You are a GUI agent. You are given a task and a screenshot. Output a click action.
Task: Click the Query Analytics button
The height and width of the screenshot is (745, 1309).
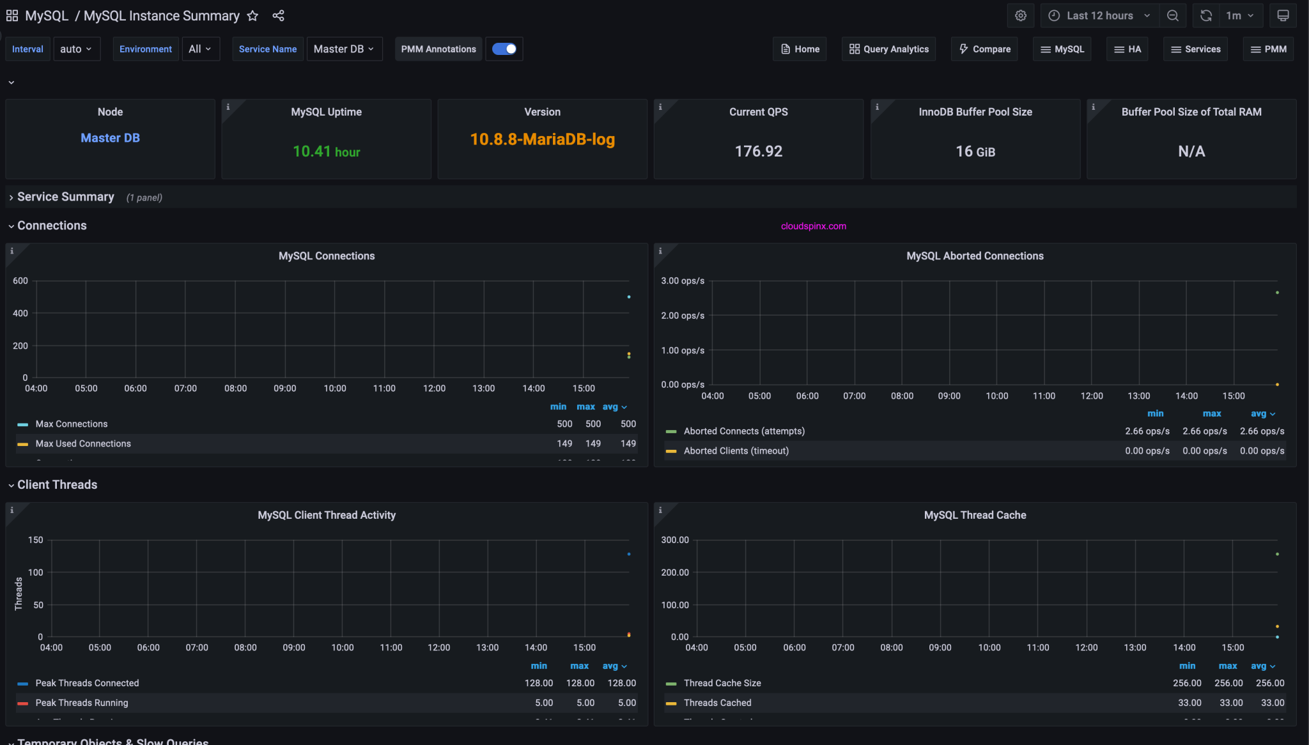pyautogui.click(x=888, y=49)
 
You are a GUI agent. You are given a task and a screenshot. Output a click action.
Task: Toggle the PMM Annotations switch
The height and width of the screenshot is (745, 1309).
pyautogui.click(x=504, y=49)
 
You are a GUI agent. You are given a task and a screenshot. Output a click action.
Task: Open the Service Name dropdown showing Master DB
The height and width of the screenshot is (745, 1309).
pyautogui.click(x=344, y=49)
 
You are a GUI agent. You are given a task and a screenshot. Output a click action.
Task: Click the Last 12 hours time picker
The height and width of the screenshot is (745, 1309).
pyautogui.click(x=1099, y=16)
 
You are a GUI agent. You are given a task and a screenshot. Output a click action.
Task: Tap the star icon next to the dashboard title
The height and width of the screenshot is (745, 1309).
pyautogui.click(x=252, y=16)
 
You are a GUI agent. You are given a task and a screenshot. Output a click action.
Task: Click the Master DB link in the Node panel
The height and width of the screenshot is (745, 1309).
pyautogui.click(x=110, y=138)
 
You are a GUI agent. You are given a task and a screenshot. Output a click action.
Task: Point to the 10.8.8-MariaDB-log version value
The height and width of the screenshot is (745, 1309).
pyautogui.click(x=542, y=139)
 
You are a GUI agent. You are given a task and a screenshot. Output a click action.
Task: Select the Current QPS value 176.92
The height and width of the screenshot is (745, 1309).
pyautogui.click(x=758, y=151)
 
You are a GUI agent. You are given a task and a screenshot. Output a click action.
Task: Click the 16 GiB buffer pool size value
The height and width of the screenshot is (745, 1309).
pyautogui.click(x=975, y=151)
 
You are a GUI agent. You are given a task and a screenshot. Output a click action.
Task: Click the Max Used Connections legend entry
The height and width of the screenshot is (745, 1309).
pyautogui.click(x=83, y=443)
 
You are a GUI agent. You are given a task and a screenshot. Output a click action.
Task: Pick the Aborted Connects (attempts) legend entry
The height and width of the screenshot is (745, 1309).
pyautogui.click(x=744, y=431)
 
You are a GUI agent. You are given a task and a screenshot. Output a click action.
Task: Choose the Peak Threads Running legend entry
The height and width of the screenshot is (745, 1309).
pyautogui.click(x=82, y=703)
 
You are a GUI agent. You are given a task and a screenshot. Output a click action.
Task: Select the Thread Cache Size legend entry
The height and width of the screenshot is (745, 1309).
pyautogui.click(x=722, y=683)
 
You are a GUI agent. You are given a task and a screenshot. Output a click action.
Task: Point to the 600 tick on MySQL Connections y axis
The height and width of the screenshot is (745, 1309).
pyautogui.click(x=20, y=280)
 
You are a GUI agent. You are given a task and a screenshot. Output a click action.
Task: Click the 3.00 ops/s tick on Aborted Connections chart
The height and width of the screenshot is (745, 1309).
pyautogui.click(x=683, y=280)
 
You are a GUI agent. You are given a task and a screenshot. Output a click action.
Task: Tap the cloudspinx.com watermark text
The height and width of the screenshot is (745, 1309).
pyautogui.click(x=813, y=226)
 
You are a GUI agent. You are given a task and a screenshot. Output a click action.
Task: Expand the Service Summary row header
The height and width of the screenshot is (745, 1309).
pyautogui.click(x=65, y=197)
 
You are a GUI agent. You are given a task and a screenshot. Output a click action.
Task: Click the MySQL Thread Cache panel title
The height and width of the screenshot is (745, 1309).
pyautogui.click(x=975, y=515)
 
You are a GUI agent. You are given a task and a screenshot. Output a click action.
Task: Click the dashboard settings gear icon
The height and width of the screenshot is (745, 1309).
pyautogui.click(x=1020, y=16)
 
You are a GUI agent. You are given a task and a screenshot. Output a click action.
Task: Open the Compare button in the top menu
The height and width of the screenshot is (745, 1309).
pyautogui.click(x=984, y=49)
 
